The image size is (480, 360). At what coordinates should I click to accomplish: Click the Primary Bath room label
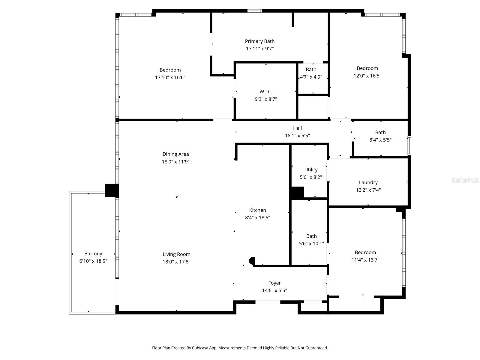(259, 41)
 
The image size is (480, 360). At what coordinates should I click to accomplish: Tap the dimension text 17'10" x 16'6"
(170, 77)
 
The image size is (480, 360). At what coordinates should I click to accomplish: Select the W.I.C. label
(266, 92)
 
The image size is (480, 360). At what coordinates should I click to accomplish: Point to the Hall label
(297, 128)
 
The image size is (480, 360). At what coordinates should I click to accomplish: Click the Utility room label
(311, 170)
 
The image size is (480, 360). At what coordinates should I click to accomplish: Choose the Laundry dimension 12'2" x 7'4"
(368, 190)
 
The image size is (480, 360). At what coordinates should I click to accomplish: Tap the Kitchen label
(257, 210)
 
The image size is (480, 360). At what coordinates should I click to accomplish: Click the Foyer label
(274, 283)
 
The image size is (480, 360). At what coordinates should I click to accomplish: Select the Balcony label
(93, 254)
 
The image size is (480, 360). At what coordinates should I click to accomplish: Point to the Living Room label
(176, 254)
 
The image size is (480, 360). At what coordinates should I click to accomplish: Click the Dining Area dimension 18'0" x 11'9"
(175, 162)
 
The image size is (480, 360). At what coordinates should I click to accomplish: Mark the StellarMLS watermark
(465, 180)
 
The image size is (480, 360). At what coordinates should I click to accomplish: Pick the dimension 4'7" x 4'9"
(311, 77)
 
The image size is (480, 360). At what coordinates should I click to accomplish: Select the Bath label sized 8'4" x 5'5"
(380, 133)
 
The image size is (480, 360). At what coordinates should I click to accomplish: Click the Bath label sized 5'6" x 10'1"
(311, 236)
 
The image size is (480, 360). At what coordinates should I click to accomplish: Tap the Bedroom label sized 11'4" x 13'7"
(365, 253)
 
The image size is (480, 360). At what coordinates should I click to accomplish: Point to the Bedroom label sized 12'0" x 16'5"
(367, 68)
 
